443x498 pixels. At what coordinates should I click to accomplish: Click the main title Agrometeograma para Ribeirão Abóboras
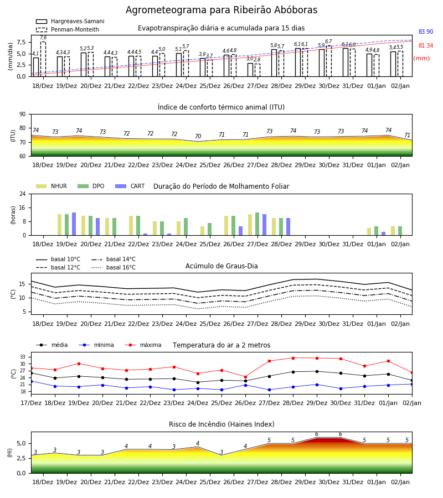pyautogui.click(x=221, y=10)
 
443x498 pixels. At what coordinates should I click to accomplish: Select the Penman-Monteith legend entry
pyautogui.click(x=68, y=29)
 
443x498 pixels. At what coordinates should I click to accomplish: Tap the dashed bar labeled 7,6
pyautogui.click(x=43, y=59)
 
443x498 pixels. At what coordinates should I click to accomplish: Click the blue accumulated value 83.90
pyautogui.click(x=426, y=32)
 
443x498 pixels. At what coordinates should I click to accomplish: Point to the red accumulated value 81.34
pyautogui.click(x=426, y=45)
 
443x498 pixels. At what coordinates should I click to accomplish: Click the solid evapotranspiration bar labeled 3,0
pyautogui.click(x=250, y=70)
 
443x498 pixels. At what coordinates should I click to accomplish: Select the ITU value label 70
pyautogui.click(x=198, y=136)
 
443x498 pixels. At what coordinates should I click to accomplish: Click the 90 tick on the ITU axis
pyautogui.click(x=23, y=115)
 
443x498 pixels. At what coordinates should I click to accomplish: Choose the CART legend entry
pyautogui.click(x=130, y=186)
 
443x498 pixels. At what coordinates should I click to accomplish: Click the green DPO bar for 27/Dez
pyautogui.click(x=257, y=224)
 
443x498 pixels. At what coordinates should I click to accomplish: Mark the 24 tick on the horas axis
pyautogui.click(x=23, y=194)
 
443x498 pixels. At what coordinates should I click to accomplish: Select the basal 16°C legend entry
pyautogui.click(x=114, y=267)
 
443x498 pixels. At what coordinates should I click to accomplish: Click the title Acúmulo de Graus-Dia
pyautogui.click(x=221, y=266)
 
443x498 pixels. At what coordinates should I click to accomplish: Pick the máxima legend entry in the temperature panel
pyautogui.click(x=143, y=345)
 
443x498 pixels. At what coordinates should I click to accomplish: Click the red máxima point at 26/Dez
pyautogui.click(x=246, y=377)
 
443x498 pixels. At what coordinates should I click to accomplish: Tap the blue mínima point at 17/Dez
pyautogui.click(x=31, y=381)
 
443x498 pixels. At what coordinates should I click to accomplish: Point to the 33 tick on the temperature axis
pyautogui.click(x=23, y=357)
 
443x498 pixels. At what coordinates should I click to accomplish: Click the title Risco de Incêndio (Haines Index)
pyautogui.click(x=221, y=424)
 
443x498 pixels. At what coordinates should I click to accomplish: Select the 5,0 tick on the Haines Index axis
pyautogui.click(x=22, y=443)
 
